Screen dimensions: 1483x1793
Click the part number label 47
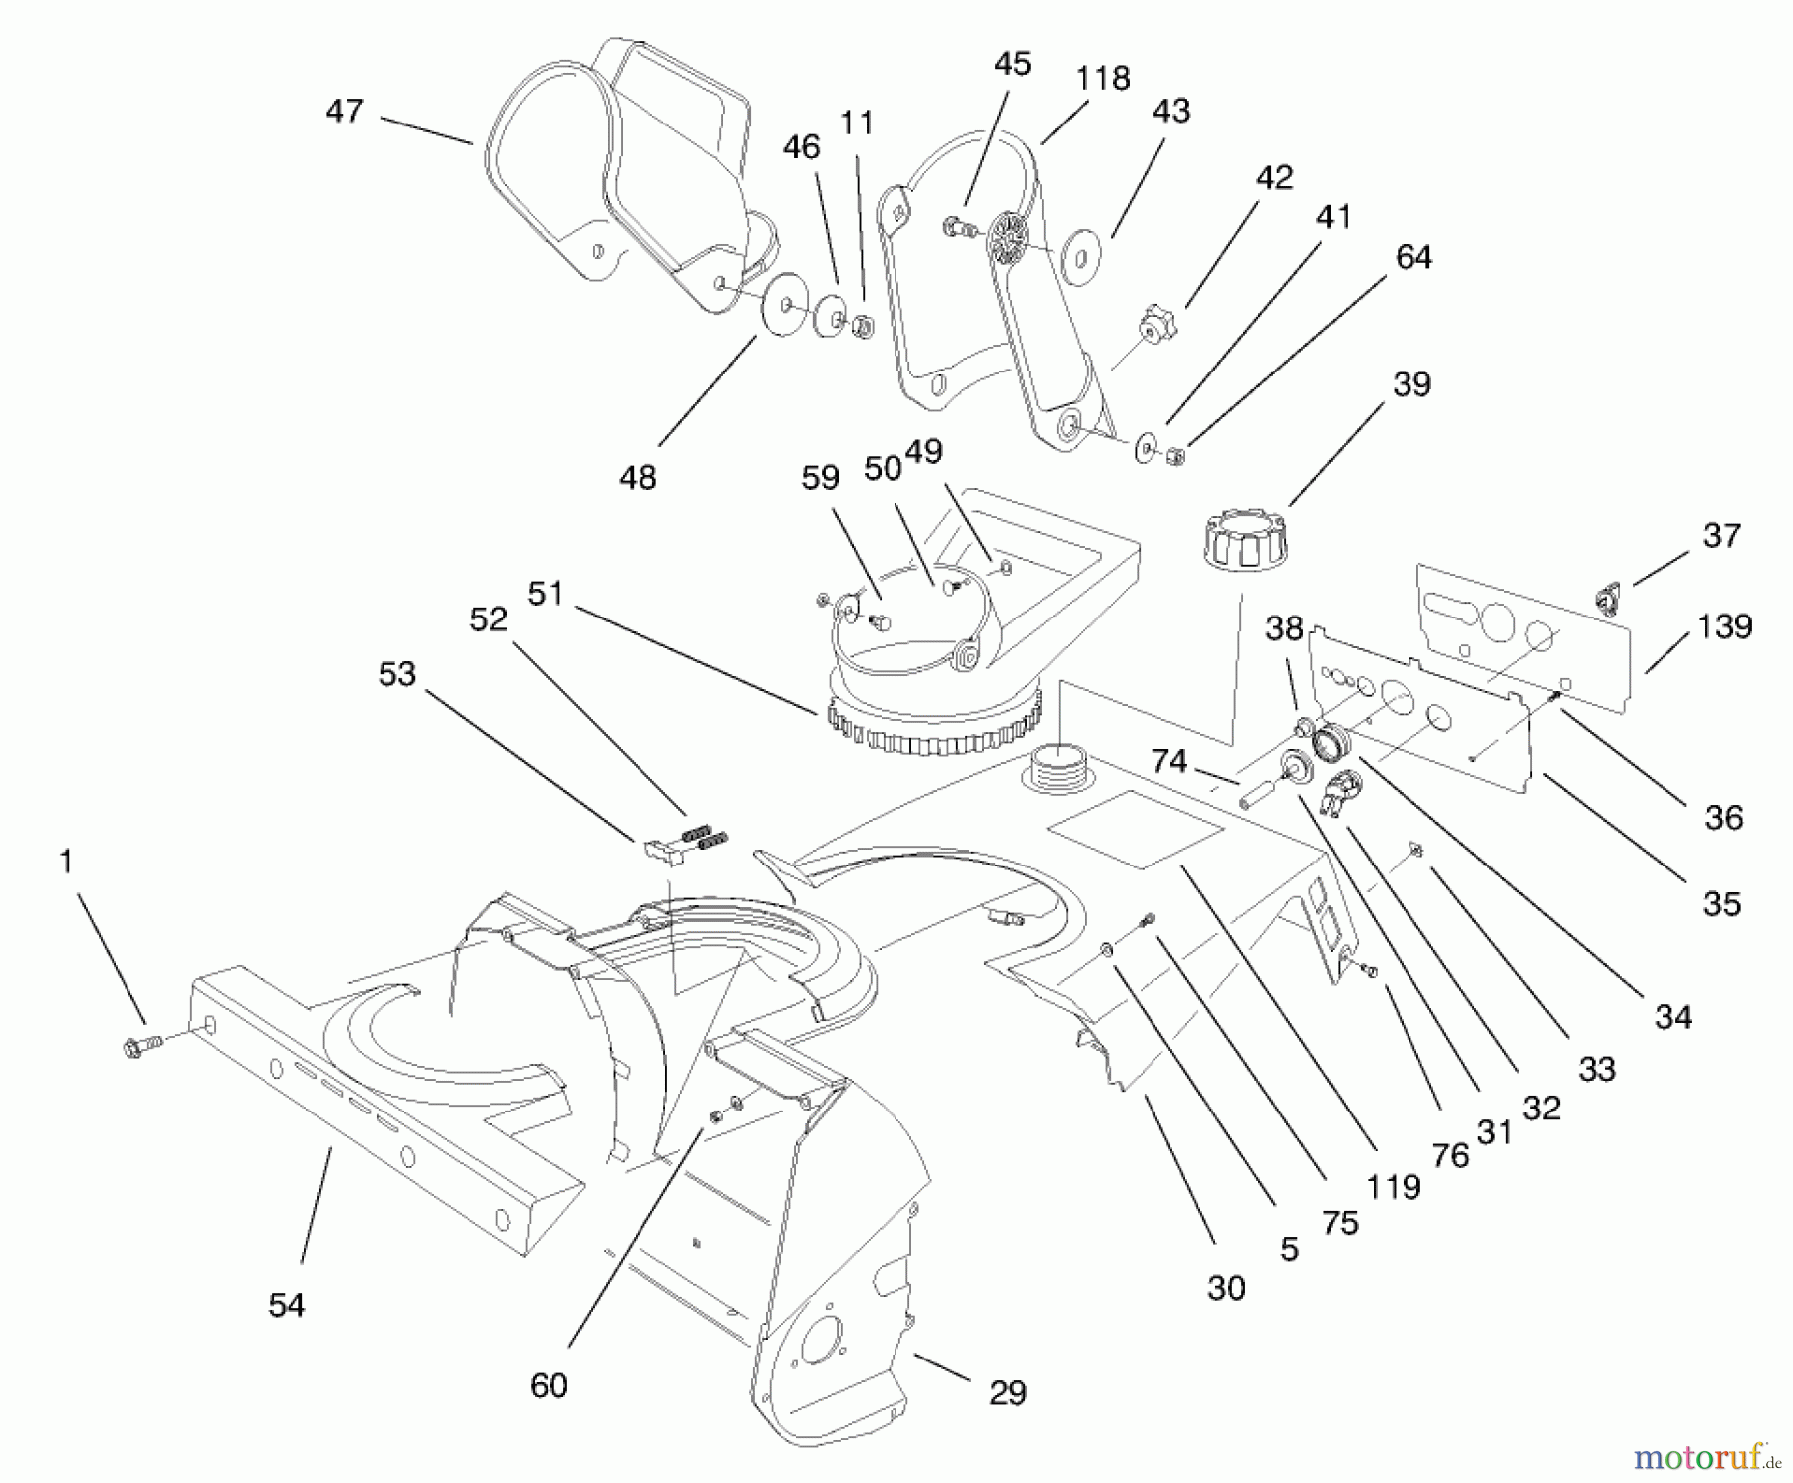pos(344,111)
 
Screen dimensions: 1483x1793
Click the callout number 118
pos(1103,79)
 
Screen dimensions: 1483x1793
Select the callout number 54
pos(287,1305)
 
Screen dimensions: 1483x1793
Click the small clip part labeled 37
pos(1604,599)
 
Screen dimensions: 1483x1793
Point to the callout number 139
pos(1724,626)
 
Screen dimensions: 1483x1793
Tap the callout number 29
pos(1007,1392)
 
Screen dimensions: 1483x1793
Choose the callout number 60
pos(549,1385)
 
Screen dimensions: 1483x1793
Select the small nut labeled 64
pos(1175,458)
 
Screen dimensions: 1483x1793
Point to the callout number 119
pos(1394,1186)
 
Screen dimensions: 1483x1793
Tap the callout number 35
pos(1722,903)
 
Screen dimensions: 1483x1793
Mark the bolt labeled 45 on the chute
pos(954,227)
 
